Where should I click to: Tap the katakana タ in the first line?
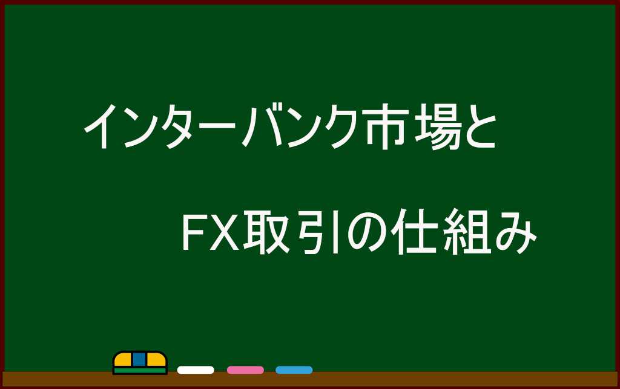(182, 126)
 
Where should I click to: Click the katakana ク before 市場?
(348, 126)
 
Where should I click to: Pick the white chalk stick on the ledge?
(196, 370)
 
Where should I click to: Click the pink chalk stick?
(245, 370)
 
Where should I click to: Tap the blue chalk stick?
(294, 370)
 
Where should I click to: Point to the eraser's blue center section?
(139, 359)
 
